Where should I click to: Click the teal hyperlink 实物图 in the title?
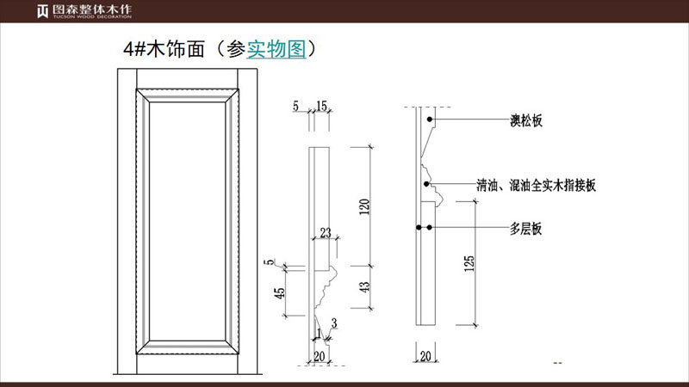pyautogui.click(x=276, y=49)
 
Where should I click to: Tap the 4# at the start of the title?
pyautogui.click(x=134, y=49)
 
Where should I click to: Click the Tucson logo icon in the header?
pyautogui.click(x=42, y=11)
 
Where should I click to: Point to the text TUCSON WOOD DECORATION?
pyautogui.click(x=92, y=16)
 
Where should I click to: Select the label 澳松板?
pyautogui.click(x=526, y=120)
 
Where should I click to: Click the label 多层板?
pyautogui.click(x=526, y=229)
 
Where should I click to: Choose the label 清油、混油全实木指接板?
pyautogui.click(x=537, y=186)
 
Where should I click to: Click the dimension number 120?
pyautogui.click(x=364, y=206)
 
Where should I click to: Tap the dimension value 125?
pyautogui.click(x=469, y=263)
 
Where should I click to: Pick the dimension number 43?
pyautogui.click(x=364, y=287)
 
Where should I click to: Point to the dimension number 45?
pyautogui.click(x=279, y=292)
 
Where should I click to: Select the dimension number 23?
pyautogui.click(x=326, y=232)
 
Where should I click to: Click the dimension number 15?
pyautogui.click(x=321, y=106)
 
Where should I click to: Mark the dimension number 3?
pyautogui.click(x=334, y=323)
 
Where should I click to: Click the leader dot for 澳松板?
pyautogui.click(x=429, y=120)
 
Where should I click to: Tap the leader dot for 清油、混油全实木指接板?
pyautogui.click(x=426, y=184)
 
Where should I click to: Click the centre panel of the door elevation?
pyautogui.click(x=187, y=221)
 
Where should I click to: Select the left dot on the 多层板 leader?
pyautogui.click(x=419, y=227)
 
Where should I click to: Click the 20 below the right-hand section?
pyautogui.click(x=425, y=356)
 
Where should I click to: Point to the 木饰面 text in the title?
pyautogui.click(x=176, y=49)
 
